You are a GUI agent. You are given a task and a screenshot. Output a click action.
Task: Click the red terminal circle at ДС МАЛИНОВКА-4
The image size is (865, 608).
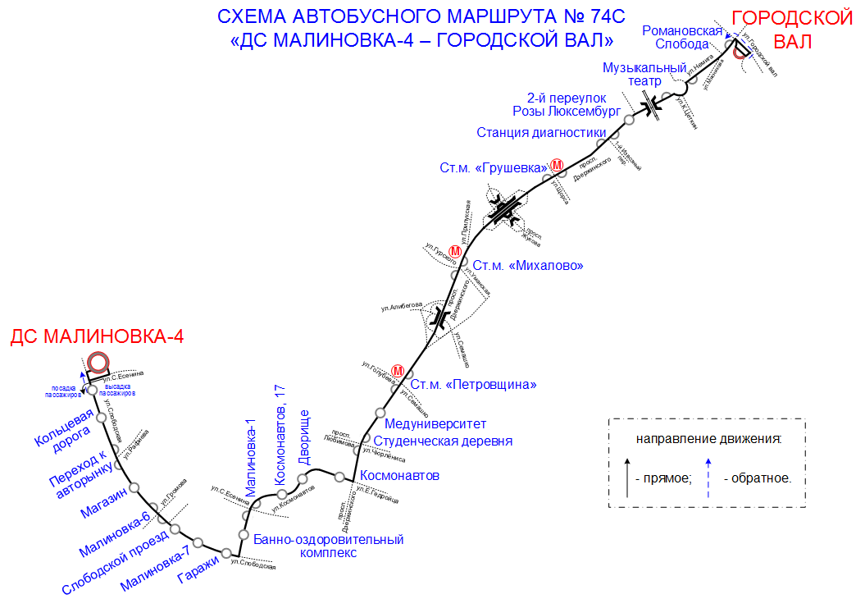[98, 363]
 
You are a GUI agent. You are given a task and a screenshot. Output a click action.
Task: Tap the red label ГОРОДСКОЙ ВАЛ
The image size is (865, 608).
[791, 30]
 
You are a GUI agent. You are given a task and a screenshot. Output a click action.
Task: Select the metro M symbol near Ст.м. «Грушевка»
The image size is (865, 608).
[558, 166]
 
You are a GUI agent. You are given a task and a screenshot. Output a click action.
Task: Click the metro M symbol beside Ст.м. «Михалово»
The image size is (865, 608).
[467, 251]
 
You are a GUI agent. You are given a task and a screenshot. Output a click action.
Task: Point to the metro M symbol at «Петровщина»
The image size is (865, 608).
[398, 371]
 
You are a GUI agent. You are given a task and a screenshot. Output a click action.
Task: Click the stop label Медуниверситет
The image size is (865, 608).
[435, 423]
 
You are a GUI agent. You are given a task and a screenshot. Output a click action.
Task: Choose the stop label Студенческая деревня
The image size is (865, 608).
[443, 441]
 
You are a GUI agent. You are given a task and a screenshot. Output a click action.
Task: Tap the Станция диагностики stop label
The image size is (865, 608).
[541, 132]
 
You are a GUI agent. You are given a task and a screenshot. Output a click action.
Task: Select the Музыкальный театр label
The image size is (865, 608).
[644, 74]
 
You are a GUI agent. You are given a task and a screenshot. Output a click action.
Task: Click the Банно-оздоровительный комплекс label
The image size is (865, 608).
[329, 546]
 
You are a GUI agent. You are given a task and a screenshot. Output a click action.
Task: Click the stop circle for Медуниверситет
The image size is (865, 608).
[380, 412]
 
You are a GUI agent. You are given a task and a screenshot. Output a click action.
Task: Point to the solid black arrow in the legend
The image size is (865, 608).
[628, 477]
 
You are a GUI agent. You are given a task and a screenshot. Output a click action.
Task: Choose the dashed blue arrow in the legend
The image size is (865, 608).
[708, 477]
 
